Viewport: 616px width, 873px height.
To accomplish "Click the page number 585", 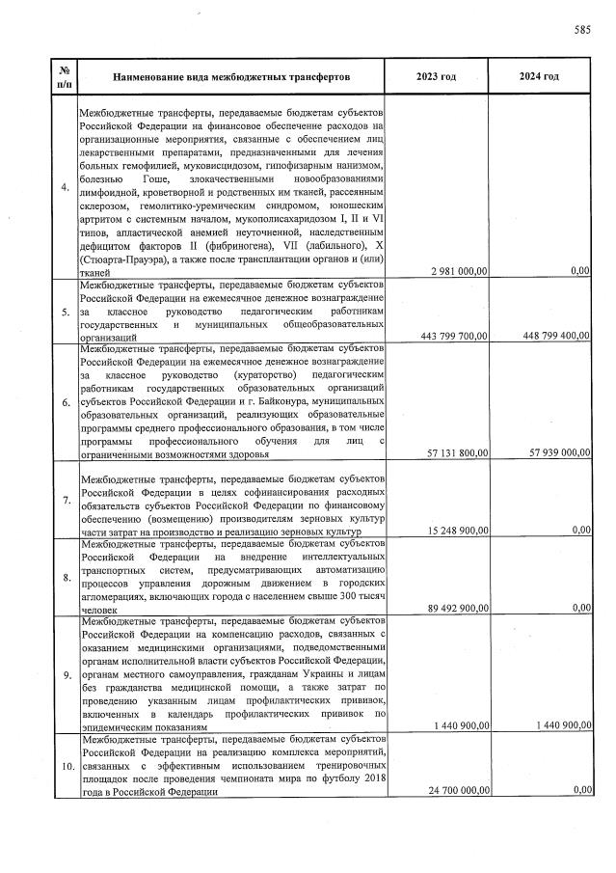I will (x=581, y=30).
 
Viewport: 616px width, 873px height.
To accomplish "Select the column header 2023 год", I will (x=436, y=76).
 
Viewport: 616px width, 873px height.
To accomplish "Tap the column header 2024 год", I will (x=539, y=76).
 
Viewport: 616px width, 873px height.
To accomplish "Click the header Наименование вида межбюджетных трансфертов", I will (x=231, y=76).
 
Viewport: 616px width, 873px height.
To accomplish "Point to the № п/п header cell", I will (x=64, y=76).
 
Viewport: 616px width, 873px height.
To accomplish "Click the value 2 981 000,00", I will (x=451, y=273).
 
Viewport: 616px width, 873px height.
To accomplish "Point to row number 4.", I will (x=65, y=188).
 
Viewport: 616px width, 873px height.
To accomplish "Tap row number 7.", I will (x=65, y=501).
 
